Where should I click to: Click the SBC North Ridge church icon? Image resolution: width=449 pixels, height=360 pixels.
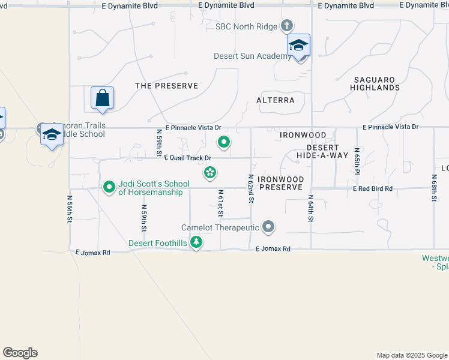(x=287, y=26)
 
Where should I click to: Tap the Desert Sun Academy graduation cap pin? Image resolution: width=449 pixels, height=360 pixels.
(x=298, y=46)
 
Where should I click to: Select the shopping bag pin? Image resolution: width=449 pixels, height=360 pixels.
(x=102, y=98)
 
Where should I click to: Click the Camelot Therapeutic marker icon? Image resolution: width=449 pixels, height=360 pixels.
(x=268, y=227)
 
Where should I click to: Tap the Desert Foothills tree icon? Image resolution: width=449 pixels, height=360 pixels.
(x=196, y=242)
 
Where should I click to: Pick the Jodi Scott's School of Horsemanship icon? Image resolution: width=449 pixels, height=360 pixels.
(x=109, y=188)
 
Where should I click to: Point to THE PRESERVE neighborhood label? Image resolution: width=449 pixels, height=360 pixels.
(x=166, y=86)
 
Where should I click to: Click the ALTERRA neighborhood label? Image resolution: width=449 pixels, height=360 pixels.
(x=276, y=100)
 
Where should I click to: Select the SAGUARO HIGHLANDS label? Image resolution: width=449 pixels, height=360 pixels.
(x=376, y=83)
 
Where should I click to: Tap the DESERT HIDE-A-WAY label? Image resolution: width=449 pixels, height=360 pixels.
(x=322, y=151)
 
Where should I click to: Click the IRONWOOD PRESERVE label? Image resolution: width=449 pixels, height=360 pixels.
(x=281, y=184)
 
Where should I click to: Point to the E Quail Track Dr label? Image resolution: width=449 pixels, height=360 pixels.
(x=187, y=158)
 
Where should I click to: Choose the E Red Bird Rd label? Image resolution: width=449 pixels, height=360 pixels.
(x=372, y=188)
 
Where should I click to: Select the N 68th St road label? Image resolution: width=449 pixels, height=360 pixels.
(x=434, y=188)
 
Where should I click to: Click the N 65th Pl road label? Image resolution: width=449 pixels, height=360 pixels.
(x=357, y=161)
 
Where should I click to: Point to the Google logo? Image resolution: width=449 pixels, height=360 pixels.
(x=20, y=353)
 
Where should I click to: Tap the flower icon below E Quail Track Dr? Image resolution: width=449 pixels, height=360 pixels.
(x=210, y=173)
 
